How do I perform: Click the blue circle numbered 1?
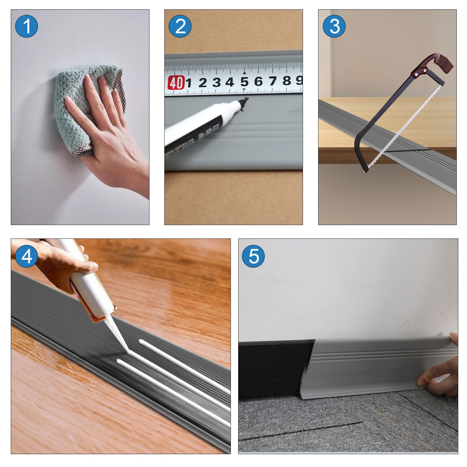coord(26,26)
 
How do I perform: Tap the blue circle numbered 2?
coord(180,26)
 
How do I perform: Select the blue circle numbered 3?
coord(334,26)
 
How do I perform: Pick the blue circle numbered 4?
coord(27,256)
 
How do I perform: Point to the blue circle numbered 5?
coord(253,256)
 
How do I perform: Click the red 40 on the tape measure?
coord(176,83)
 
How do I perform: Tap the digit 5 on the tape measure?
coord(244,82)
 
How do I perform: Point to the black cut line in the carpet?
coord(301,431)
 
